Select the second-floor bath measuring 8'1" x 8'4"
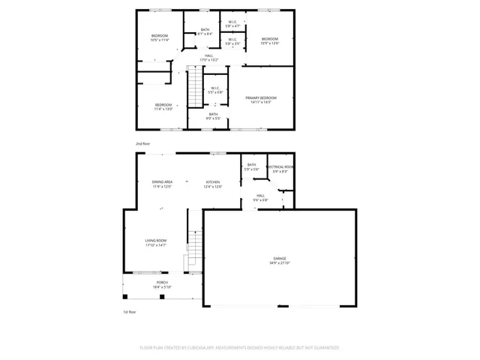point(204,31)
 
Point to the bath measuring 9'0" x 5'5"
point(214,115)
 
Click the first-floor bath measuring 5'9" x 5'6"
point(251,167)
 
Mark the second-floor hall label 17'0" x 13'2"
point(208,57)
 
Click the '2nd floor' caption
point(142,142)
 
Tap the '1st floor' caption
point(129,311)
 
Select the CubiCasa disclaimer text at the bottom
point(239,347)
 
